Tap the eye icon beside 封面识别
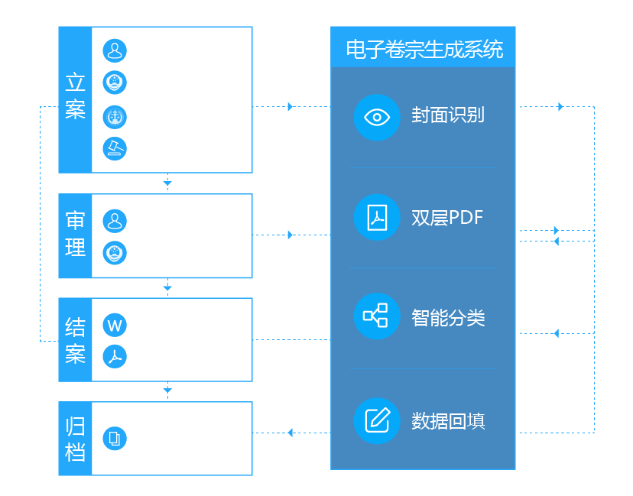[x=377, y=117]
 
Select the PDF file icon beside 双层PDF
[x=377, y=217]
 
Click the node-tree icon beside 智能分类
[x=377, y=316]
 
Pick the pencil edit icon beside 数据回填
[x=377, y=420]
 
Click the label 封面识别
[x=448, y=115]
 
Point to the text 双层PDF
[x=448, y=218]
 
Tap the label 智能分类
[x=448, y=318]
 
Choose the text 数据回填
[x=448, y=421]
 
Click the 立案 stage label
[x=75, y=96]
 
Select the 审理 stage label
[x=75, y=235]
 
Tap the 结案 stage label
[x=75, y=340]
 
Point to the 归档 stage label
[x=75, y=439]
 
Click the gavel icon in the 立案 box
[x=115, y=148]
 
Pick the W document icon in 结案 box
[x=115, y=325]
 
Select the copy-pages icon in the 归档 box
[x=115, y=439]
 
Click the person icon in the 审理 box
[x=115, y=221]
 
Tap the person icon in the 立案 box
[x=115, y=51]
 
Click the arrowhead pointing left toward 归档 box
[x=291, y=433]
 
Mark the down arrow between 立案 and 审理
[x=167, y=183]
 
